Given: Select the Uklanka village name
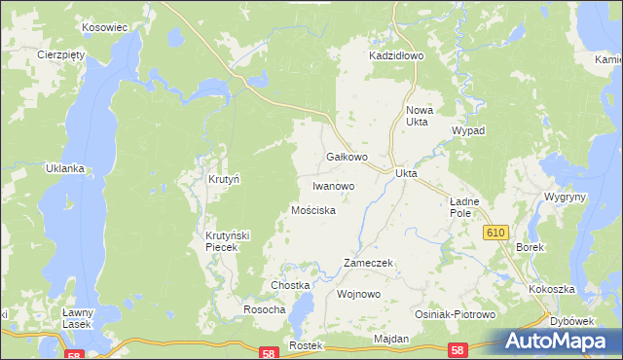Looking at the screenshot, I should [65, 168].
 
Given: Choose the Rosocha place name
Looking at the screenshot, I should [264, 309].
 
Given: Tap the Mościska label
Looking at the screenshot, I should [313, 210].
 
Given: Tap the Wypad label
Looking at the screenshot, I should [468, 130].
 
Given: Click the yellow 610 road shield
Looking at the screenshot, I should [496, 232].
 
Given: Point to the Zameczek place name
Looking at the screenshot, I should [368, 264].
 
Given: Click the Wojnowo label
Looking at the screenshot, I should [357, 293].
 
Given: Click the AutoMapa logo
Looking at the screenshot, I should [559, 341].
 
